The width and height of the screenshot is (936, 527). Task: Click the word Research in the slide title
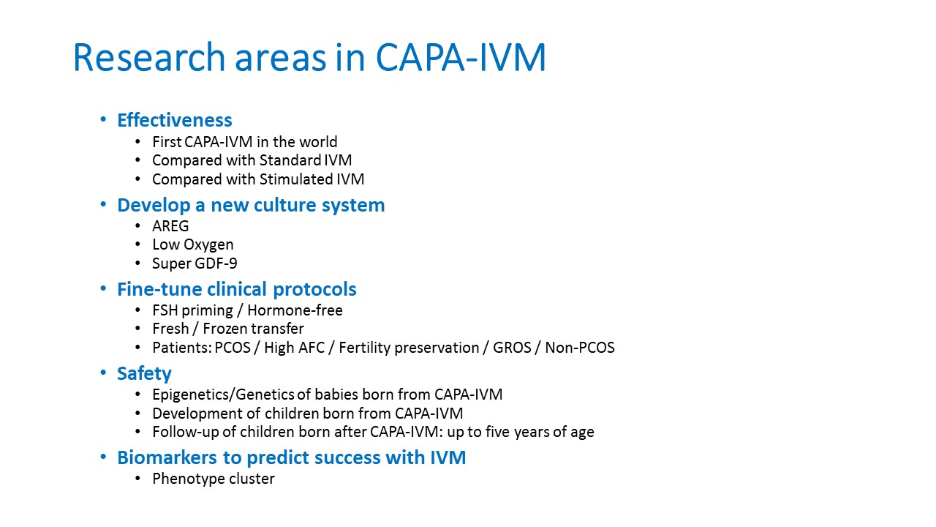point(149,57)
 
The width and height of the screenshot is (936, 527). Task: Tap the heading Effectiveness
point(175,120)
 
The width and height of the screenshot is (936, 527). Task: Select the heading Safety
point(144,373)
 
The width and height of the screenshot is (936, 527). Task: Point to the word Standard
point(290,160)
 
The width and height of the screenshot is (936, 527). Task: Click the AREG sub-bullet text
point(170,226)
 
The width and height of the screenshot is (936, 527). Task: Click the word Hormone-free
point(295,310)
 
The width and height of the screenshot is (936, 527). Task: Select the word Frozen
point(227,329)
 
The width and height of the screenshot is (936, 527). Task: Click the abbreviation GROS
point(512,348)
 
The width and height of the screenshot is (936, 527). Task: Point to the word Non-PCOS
point(580,348)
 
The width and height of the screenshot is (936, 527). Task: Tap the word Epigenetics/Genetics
point(223,395)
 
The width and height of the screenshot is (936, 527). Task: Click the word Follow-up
point(186,432)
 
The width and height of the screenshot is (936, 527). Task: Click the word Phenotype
point(184,479)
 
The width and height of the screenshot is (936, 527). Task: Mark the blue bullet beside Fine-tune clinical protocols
point(103,288)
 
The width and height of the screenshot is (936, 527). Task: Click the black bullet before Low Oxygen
point(138,244)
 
